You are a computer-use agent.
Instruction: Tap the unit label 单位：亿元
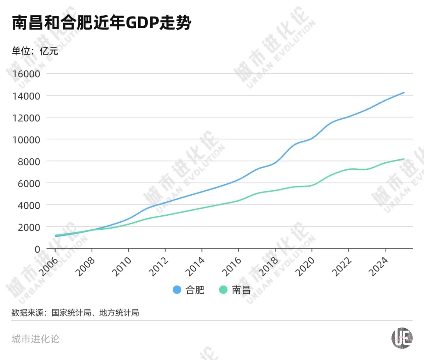click(x=35, y=51)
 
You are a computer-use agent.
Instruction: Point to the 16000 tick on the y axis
click(x=27, y=74)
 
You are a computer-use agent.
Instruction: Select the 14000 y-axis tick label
click(x=27, y=96)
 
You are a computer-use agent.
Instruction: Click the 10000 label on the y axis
click(x=27, y=140)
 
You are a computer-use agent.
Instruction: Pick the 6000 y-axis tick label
click(x=29, y=184)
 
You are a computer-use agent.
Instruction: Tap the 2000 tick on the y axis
click(x=29, y=227)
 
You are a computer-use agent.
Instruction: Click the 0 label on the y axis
click(x=37, y=249)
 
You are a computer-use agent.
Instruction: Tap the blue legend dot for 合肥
click(x=177, y=290)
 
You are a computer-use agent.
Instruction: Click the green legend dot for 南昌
click(x=223, y=290)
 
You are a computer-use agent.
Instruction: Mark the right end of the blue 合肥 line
click(x=404, y=93)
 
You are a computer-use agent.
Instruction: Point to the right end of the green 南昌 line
click(x=404, y=159)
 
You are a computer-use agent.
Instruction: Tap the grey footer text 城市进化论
click(x=35, y=339)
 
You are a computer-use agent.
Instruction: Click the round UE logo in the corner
click(x=402, y=338)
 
